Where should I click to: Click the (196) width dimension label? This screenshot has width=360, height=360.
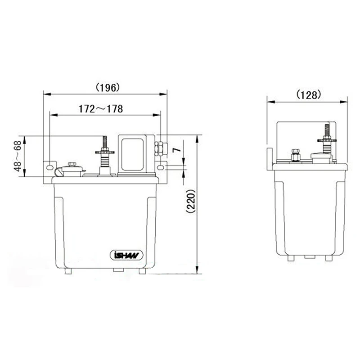point(108,88)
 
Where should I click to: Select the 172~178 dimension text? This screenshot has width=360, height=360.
point(101,109)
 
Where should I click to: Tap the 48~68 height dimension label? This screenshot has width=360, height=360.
point(18,156)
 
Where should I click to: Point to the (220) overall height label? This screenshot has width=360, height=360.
point(191,201)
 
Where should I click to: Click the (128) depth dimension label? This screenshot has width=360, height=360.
point(308,94)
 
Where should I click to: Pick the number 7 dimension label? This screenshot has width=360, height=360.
point(177,150)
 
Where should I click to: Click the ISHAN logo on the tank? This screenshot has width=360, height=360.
point(126,255)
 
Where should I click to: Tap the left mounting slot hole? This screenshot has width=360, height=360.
point(50,167)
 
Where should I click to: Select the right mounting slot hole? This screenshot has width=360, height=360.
point(161,167)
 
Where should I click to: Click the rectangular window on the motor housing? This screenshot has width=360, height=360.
point(132,154)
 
